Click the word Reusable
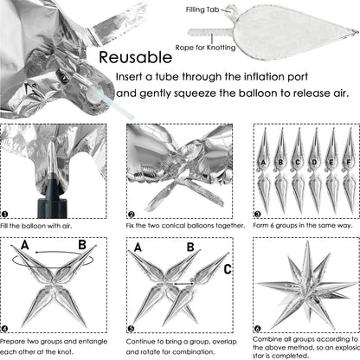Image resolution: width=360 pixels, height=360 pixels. point(135,57)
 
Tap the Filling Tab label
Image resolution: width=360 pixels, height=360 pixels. point(202,10)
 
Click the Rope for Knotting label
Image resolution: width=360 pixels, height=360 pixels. point(205,48)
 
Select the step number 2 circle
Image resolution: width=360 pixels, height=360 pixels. point(132,215)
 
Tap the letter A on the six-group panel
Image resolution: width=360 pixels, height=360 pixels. point(263,163)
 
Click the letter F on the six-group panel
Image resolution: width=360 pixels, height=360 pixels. point(349,163)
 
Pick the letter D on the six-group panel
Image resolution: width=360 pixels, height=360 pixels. point(314,163)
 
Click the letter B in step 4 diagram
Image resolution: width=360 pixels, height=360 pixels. point(82,245)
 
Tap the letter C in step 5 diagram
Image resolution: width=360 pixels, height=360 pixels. point(228,269)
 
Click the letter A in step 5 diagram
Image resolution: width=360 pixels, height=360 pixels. point(138,247)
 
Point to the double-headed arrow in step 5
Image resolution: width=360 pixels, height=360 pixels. point(183,284)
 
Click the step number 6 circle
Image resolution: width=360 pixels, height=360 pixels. point(257,329)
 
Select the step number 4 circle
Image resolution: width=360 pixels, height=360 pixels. point(4,329)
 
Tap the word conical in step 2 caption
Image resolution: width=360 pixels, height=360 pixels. point(173,226)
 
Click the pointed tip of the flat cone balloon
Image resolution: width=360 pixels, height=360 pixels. point(357,31)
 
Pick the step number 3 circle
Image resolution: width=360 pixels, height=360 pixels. point(257,215)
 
